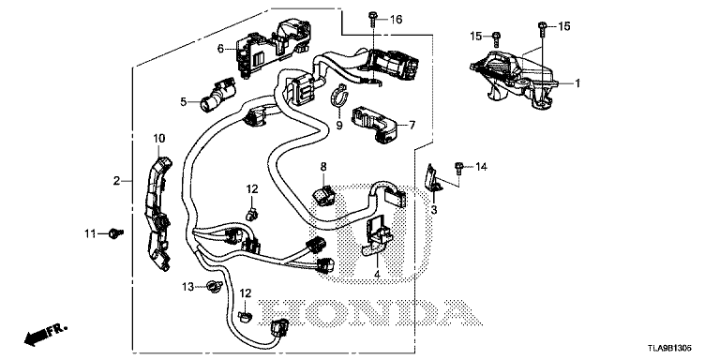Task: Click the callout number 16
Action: [x=396, y=20]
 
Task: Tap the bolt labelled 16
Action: [x=371, y=21]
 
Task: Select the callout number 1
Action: [x=577, y=83]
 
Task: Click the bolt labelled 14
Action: [x=458, y=168]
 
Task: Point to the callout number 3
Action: [x=434, y=210]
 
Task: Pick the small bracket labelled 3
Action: [x=432, y=178]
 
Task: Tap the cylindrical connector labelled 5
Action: [x=216, y=95]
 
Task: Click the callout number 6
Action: [x=220, y=48]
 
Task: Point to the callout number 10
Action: [x=158, y=138]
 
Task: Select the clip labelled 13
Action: [x=214, y=287]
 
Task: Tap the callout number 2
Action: [x=116, y=181]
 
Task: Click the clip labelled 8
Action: [x=324, y=194]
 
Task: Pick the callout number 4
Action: [x=377, y=275]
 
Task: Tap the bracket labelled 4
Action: [x=378, y=235]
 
